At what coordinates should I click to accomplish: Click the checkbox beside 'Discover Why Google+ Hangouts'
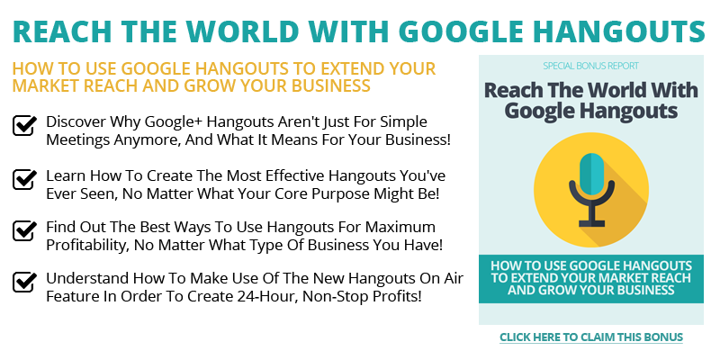[x=24, y=125]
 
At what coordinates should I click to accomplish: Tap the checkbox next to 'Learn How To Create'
[x=24, y=179]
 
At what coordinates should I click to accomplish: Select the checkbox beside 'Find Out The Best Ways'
[x=24, y=230]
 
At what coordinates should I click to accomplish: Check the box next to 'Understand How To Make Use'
[x=24, y=282]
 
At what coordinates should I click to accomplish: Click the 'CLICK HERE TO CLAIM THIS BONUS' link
[x=591, y=337]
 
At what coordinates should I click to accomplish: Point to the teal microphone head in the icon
[x=591, y=173]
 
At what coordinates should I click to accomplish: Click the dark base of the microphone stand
[x=591, y=223]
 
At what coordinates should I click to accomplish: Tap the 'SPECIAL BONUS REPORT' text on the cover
[x=590, y=66]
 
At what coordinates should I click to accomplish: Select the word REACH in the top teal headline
[x=62, y=31]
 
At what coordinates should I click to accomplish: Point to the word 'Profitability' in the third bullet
[x=87, y=245]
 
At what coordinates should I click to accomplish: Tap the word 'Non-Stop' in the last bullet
[x=340, y=296]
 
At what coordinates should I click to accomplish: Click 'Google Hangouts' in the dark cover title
[x=591, y=111]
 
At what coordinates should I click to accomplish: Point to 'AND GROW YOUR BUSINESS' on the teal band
[x=591, y=290]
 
